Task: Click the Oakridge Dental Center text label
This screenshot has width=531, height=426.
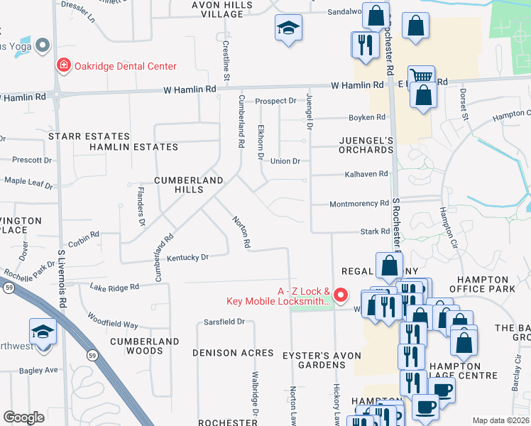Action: pyautogui.click(x=126, y=67)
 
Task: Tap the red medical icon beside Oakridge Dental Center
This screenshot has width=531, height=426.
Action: pyautogui.click(x=64, y=66)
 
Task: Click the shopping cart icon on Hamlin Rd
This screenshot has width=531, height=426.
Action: pyautogui.click(x=421, y=77)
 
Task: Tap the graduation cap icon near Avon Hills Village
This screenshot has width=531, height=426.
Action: pyautogui.click(x=288, y=28)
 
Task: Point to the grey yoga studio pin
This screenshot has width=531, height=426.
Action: pyautogui.click(x=42, y=45)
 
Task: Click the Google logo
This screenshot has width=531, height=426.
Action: pyautogui.click(x=23, y=417)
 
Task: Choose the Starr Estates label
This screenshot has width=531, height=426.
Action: pyautogui.click(x=89, y=136)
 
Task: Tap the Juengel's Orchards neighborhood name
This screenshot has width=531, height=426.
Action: pyautogui.click(x=360, y=146)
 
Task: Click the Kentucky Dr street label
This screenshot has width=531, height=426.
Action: pyautogui.click(x=188, y=258)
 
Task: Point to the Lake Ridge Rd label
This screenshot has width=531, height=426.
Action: pyautogui.click(x=114, y=287)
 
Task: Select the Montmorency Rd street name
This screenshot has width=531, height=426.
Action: pyautogui.click(x=359, y=204)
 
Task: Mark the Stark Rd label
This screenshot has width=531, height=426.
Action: pyautogui.click(x=375, y=231)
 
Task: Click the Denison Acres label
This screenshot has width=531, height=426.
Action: pyautogui.click(x=233, y=353)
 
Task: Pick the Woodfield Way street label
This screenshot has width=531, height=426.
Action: pyautogui.click(x=112, y=319)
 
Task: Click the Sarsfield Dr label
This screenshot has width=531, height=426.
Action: pyautogui.click(x=224, y=322)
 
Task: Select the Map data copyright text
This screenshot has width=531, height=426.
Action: pyautogui.click(x=500, y=420)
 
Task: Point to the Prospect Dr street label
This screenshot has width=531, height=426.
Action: pyautogui.click(x=275, y=102)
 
